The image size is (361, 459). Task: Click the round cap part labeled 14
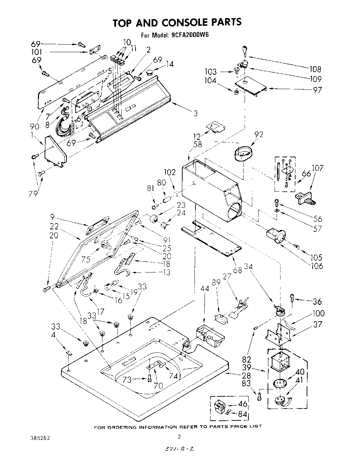[x=151, y=73]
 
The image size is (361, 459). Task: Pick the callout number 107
[x=317, y=168]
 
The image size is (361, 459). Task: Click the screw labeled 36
[x=292, y=298]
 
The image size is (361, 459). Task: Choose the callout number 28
[x=246, y=375]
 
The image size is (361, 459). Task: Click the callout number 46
[x=243, y=404]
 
